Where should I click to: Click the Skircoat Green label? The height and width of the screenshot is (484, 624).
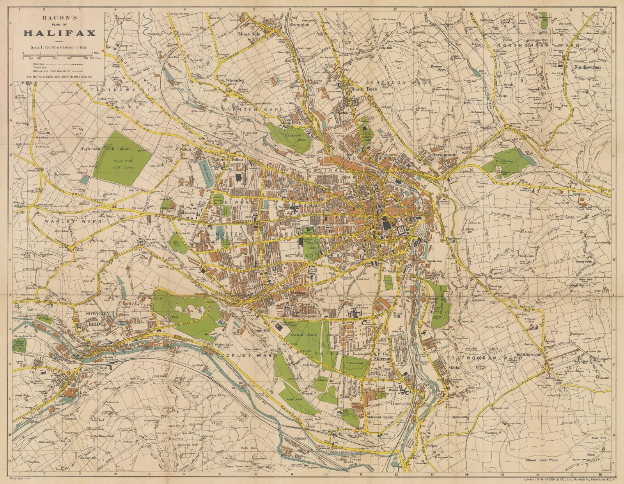[380, 417]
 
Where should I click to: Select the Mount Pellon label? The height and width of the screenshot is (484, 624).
[233, 160]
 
